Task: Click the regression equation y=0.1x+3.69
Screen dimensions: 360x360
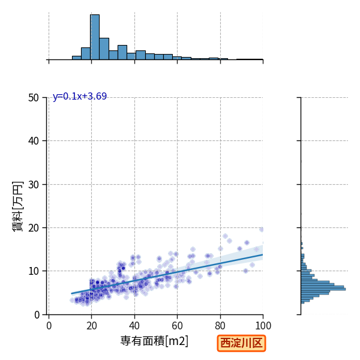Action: click(x=80, y=96)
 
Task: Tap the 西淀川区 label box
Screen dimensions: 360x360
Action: click(x=241, y=343)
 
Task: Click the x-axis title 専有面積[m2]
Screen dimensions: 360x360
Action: click(x=154, y=341)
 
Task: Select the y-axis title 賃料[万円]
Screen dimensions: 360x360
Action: click(x=17, y=206)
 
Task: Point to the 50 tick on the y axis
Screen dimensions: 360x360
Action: click(x=34, y=98)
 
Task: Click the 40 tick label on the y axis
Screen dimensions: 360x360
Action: click(x=34, y=141)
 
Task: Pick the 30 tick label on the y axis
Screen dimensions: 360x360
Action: click(x=34, y=185)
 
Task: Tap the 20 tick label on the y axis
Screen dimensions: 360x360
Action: click(x=34, y=228)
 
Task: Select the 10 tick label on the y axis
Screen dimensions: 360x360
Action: click(x=34, y=271)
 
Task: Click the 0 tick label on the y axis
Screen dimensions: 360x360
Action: click(x=37, y=315)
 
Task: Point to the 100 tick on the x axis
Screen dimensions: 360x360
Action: click(x=263, y=326)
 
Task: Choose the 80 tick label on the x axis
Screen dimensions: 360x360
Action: click(x=220, y=326)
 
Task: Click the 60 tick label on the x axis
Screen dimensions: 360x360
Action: click(x=177, y=326)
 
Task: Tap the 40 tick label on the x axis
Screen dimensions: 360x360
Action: click(x=134, y=326)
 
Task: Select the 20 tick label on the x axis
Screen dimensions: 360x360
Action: click(x=92, y=326)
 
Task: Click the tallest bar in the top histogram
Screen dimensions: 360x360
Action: click(x=95, y=37)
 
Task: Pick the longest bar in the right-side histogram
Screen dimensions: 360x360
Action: click(x=323, y=289)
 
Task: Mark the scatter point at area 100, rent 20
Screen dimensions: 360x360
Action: click(x=262, y=229)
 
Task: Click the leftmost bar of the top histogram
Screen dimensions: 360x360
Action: click(x=77, y=58)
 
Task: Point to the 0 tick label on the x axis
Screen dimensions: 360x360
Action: click(x=49, y=326)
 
